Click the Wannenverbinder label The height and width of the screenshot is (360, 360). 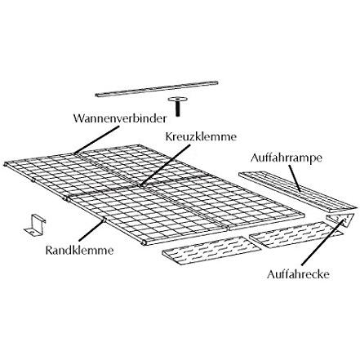click(120, 118)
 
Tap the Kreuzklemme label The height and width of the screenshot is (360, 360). click(201, 136)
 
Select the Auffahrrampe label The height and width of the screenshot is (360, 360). click(287, 158)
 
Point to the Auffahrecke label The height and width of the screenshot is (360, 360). click(298, 273)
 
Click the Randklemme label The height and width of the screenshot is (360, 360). click(79, 250)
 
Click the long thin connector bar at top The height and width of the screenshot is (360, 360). click(157, 88)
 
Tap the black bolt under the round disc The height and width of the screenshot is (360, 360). click(178, 109)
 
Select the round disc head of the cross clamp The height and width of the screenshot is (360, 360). click(178, 100)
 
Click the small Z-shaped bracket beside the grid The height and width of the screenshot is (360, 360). click(35, 225)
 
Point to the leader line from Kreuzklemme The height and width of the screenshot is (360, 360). click(165, 165)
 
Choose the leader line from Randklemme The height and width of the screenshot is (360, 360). click(91, 230)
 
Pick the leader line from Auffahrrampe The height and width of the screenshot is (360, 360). click(295, 178)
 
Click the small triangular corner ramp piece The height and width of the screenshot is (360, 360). click(340, 220)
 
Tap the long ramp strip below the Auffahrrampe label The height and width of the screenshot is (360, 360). click(298, 192)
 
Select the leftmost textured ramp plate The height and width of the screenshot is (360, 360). click(211, 251)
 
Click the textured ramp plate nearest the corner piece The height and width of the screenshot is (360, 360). click(296, 234)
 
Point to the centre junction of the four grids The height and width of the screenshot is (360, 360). click(140, 186)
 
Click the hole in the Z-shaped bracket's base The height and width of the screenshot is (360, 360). click(32, 232)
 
